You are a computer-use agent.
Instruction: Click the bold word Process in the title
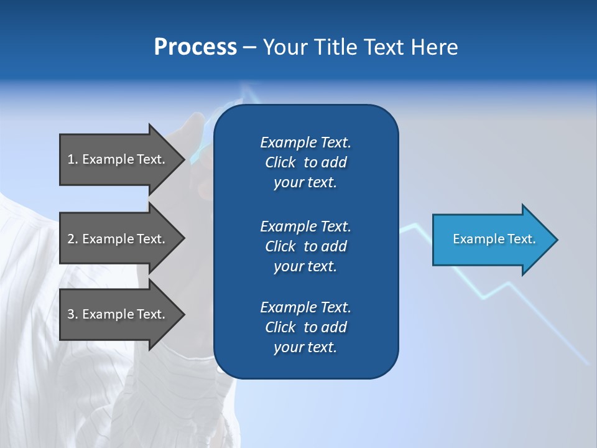(x=195, y=47)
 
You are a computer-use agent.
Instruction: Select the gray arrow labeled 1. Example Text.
(x=118, y=159)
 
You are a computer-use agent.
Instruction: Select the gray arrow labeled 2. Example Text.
(x=118, y=239)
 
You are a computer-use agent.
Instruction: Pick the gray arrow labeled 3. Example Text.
(x=118, y=314)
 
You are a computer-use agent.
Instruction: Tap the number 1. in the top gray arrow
(x=73, y=159)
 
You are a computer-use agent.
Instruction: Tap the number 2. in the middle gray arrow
(x=73, y=239)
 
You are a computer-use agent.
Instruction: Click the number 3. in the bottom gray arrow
(x=73, y=314)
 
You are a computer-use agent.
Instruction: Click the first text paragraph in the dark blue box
(x=305, y=162)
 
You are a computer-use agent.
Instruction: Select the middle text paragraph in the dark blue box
(x=305, y=246)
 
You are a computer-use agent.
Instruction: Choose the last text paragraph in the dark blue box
(x=305, y=327)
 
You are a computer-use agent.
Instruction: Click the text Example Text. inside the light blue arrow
(x=494, y=239)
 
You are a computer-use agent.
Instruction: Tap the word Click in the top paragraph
(x=280, y=162)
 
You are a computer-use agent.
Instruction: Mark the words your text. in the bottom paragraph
(x=305, y=347)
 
